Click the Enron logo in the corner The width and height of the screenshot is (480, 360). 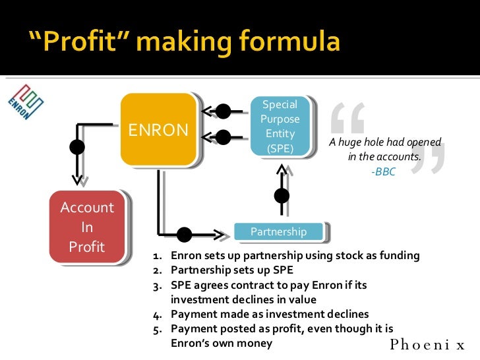point(23,102)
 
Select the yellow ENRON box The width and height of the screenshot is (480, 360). point(158,129)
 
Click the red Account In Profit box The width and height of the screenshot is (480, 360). point(87,227)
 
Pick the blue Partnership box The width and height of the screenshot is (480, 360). point(279,231)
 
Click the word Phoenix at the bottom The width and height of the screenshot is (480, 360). point(428,344)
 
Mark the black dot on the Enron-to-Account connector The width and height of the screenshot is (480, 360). point(77,146)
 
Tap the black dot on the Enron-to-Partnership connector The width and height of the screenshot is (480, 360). point(185,234)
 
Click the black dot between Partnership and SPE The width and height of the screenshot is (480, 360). point(282,196)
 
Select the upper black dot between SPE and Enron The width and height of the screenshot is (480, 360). point(224,110)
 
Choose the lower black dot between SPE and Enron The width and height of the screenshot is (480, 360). point(224,137)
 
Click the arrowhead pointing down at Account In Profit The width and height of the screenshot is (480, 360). point(77,177)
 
